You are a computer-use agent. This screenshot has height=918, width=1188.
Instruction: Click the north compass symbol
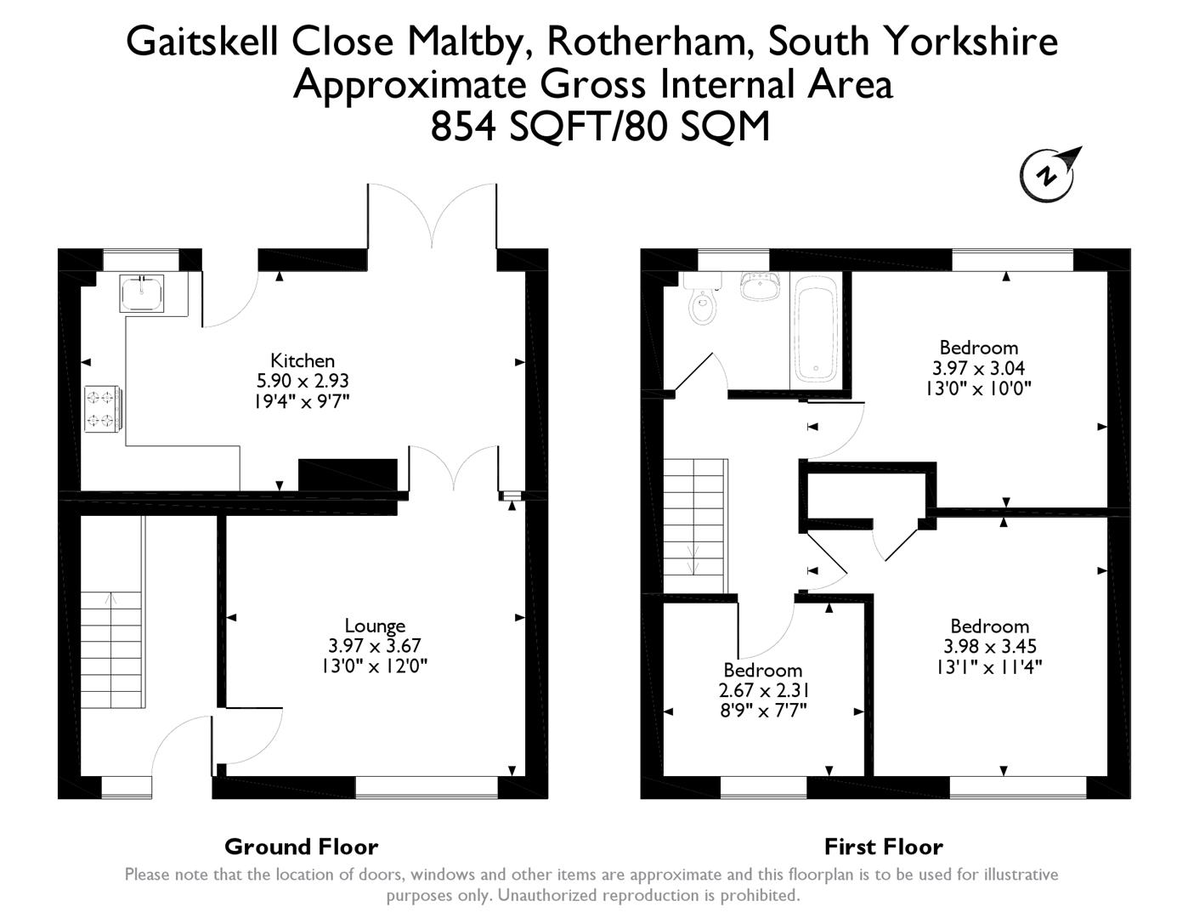click(x=1049, y=174)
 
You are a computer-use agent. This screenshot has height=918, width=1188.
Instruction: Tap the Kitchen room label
click(x=303, y=360)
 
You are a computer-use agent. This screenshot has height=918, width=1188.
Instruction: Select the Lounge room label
click(x=375, y=626)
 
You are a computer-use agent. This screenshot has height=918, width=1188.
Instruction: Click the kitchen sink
click(x=141, y=294)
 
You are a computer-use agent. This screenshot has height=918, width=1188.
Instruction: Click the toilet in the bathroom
click(x=704, y=306)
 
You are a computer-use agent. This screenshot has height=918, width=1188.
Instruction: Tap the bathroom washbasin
click(x=761, y=286)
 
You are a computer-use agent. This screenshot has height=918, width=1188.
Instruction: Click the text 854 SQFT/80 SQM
click(x=600, y=127)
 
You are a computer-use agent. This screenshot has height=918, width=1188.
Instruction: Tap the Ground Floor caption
click(x=301, y=847)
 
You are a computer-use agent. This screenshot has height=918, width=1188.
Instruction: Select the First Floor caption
click(x=883, y=847)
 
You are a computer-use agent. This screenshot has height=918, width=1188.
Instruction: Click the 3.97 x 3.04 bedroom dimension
click(x=979, y=368)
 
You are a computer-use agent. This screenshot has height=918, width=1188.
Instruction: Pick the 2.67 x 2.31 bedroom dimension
click(x=763, y=690)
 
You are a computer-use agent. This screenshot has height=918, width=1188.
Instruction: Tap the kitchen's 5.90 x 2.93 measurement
click(x=303, y=381)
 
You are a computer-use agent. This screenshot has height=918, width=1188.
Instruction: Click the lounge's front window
click(x=426, y=788)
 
